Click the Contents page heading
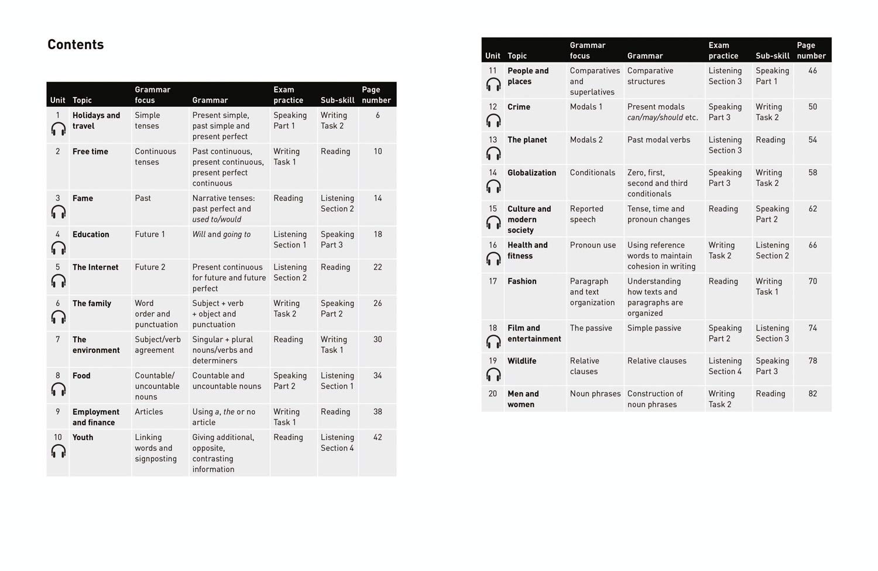76,44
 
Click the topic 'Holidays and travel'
96,121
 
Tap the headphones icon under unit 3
59,212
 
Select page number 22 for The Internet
378,267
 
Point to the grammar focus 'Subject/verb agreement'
157,345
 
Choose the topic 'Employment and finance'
95,417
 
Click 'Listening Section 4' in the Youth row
337,442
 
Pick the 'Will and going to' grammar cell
221,235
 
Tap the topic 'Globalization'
531,173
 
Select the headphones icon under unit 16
493,259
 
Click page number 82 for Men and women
812,394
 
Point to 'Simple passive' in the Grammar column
654,328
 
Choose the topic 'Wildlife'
522,361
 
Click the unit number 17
493,281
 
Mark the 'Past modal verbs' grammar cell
658,140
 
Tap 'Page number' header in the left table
376,95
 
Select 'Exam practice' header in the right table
723,50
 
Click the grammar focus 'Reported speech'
587,214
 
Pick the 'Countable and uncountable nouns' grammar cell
227,381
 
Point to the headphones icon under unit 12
493,121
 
